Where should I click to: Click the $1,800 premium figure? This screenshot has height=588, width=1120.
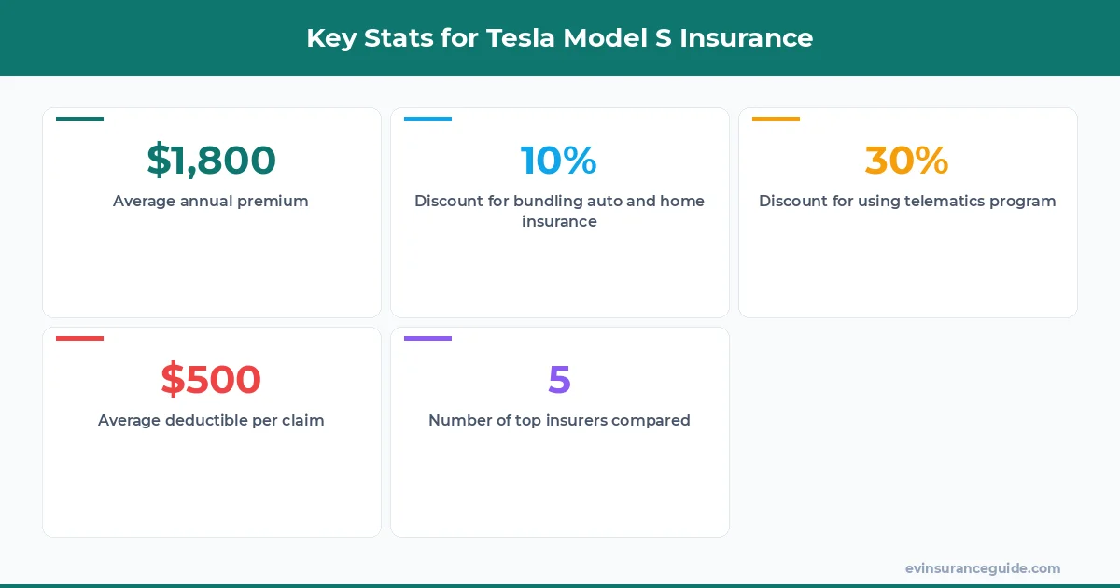[211, 161]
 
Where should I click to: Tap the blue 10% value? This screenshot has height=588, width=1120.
[559, 161]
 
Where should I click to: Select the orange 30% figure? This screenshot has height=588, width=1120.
[907, 161]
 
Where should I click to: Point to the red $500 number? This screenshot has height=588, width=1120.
[211, 380]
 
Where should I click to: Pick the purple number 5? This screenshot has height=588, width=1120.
[559, 380]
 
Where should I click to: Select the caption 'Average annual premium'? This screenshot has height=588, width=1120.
[211, 201]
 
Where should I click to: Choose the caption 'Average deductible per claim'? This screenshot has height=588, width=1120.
[211, 420]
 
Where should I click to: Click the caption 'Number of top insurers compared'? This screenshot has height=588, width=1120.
[559, 420]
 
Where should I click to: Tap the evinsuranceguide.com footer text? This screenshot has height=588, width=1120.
[983, 568]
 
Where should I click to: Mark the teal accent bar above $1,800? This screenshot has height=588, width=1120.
[79, 119]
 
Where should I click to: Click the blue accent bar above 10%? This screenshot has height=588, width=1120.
[427, 119]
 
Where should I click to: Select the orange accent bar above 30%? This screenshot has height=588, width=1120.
[776, 119]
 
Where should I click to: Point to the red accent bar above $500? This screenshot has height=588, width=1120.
[79, 339]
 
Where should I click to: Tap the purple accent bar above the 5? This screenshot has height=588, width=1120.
[427, 339]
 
